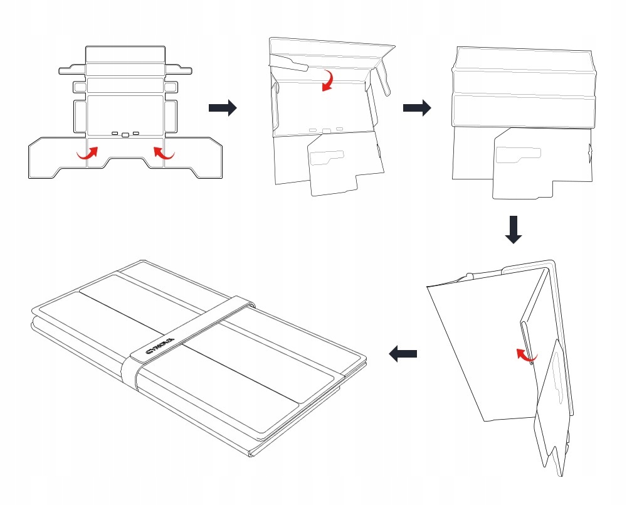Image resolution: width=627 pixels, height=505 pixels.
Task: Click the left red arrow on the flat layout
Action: click(88, 152)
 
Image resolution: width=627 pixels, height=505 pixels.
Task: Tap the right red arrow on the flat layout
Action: click(164, 152)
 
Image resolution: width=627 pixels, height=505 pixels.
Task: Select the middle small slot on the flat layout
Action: click(125, 134)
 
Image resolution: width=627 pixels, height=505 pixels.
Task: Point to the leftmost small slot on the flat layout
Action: click(115, 134)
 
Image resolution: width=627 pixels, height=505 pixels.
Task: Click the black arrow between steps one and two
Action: click(223, 108)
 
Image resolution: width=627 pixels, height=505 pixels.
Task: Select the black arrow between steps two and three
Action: click(417, 108)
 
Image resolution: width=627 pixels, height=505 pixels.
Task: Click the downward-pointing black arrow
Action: click(514, 230)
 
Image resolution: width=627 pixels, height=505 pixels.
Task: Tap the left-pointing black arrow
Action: click(403, 354)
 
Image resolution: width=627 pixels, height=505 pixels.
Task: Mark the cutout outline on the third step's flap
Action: click(518, 155)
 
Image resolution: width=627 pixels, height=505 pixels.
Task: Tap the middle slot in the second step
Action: click(327, 131)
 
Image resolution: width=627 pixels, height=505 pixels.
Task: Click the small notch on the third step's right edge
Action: click(591, 151)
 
